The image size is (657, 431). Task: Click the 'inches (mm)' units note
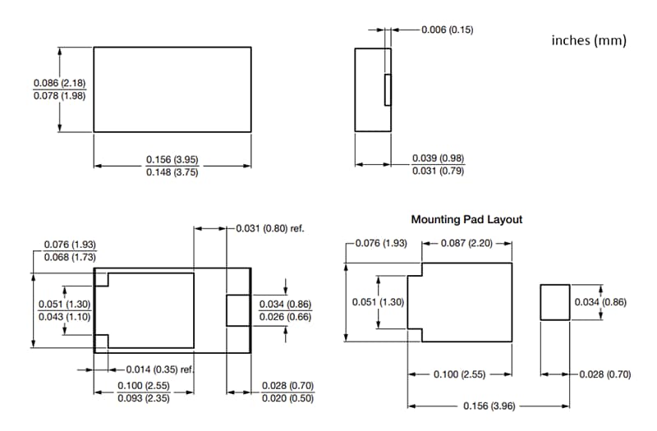point(588,40)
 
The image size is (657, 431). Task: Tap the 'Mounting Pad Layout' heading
point(466,220)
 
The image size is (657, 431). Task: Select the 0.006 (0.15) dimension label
point(447,30)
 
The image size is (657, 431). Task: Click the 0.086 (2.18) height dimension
point(60,83)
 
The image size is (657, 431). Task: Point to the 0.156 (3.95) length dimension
point(172,158)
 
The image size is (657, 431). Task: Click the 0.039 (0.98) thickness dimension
point(439,158)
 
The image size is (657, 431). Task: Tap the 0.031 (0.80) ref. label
point(270,228)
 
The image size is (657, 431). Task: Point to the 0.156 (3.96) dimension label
point(488,406)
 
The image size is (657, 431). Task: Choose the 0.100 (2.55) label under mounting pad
point(460,374)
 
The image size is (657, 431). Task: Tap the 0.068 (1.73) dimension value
point(70,257)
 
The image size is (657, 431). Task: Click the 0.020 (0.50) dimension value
point(288,398)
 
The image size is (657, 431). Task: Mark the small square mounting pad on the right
point(555,302)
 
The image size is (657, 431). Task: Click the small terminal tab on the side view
point(388,89)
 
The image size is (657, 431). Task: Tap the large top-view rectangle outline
point(172,89)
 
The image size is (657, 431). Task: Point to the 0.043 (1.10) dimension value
point(64,317)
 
